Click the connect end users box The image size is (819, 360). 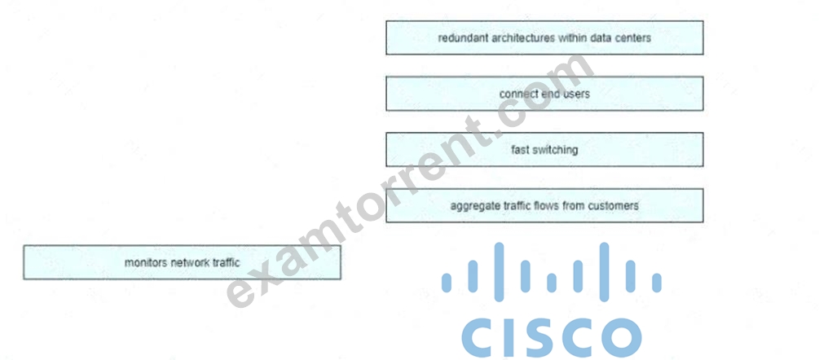[x=545, y=94]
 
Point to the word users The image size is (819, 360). [x=577, y=94]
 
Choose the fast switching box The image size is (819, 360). [x=545, y=150]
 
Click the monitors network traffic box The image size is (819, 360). [x=183, y=262]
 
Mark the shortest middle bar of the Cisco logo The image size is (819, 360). [x=552, y=283]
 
